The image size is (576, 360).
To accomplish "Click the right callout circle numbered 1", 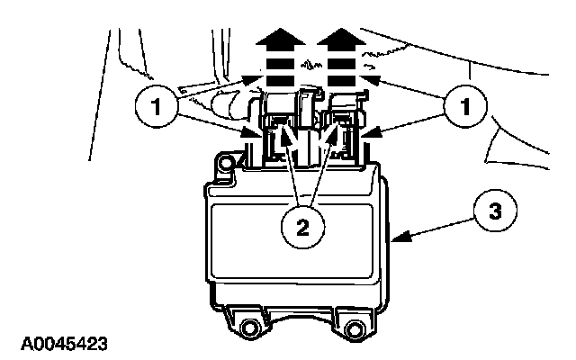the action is coord(465,106).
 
